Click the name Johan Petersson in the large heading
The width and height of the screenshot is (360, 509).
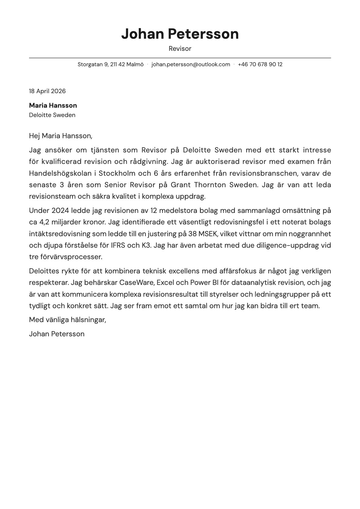(180, 34)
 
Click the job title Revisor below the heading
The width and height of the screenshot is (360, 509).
(180, 49)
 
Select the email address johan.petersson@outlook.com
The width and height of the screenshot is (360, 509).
(191, 64)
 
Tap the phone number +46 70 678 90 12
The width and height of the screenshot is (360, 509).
(260, 64)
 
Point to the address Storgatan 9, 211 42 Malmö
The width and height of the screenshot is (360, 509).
(110, 64)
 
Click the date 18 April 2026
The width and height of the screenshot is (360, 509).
(47, 91)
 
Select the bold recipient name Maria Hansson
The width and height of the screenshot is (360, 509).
(53, 106)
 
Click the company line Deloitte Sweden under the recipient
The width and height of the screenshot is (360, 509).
(52, 115)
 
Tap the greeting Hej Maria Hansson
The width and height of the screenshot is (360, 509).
(61, 136)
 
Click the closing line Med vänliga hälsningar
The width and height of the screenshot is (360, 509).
(67, 320)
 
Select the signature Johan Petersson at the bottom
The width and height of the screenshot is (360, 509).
(57, 334)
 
